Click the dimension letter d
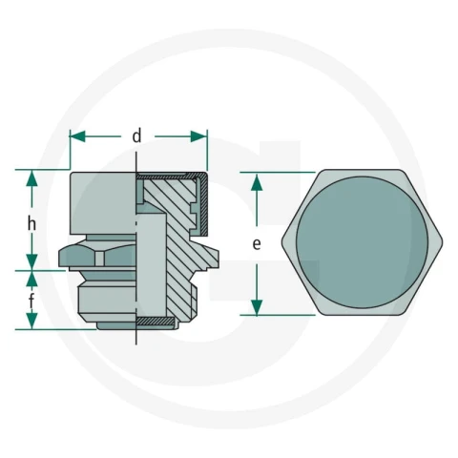(x=136, y=136)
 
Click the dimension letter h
(x=31, y=224)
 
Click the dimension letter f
(x=31, y=301)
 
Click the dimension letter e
(x=257, y=244)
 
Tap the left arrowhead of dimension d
(x=77, y=136)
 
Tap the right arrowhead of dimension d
(x=198, y=136)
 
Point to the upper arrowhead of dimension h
(x=31, y=178)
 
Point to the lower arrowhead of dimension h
(x=31, y=262)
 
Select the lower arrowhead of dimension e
(x=257, y=307)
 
